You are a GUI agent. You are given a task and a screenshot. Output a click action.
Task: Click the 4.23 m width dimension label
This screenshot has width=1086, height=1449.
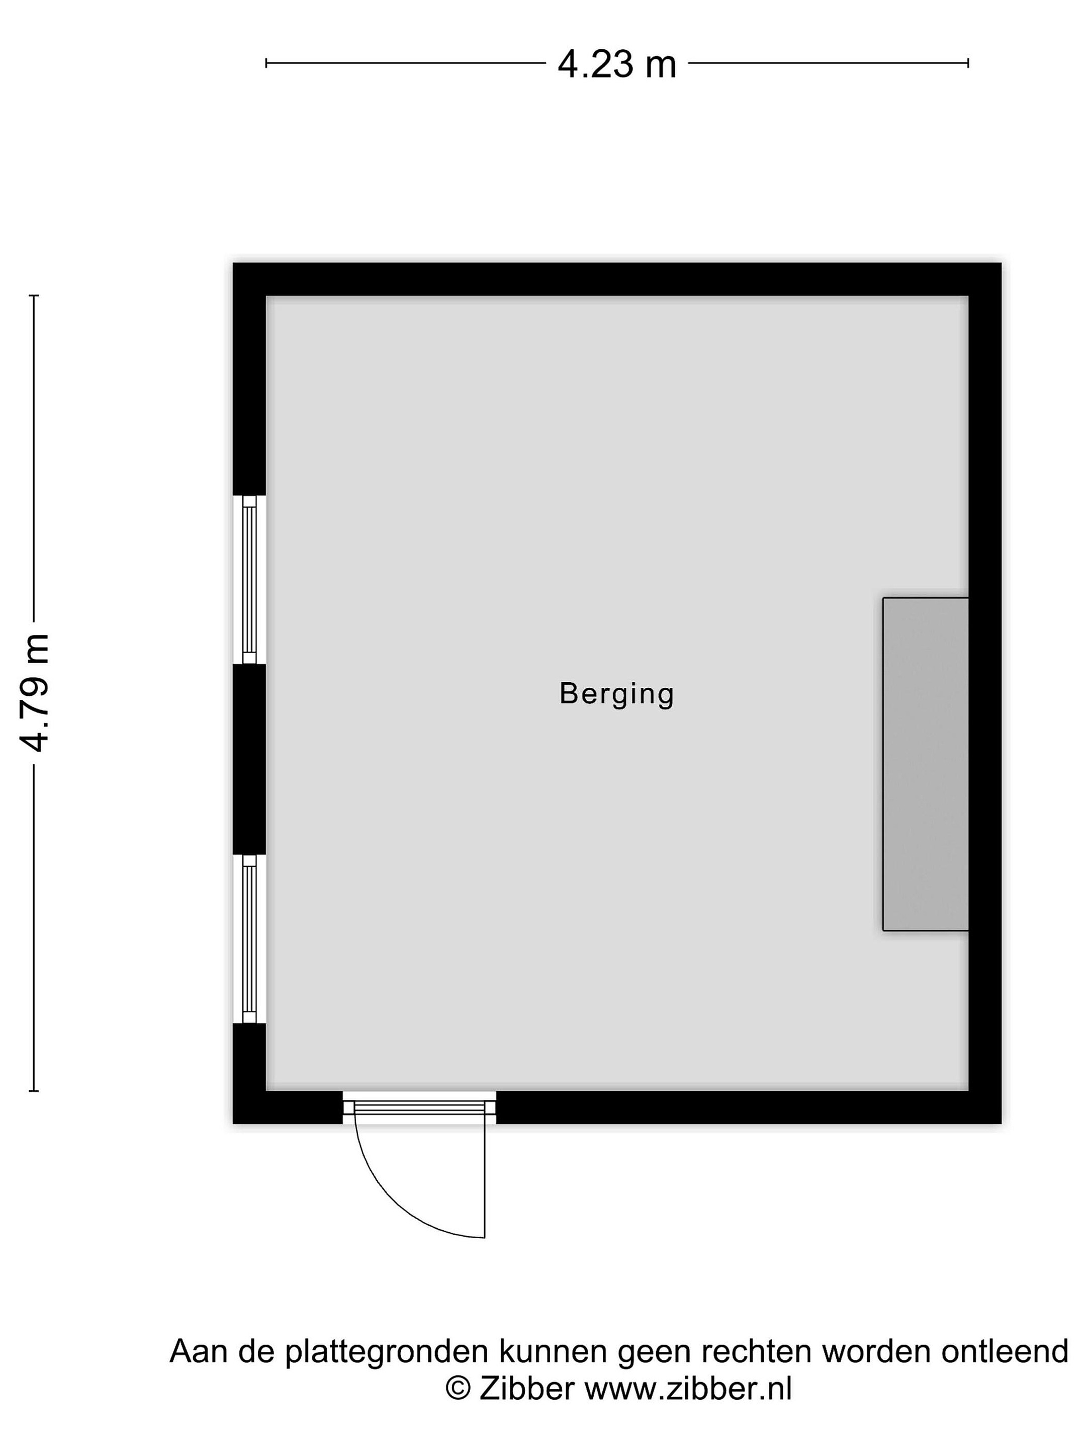pyautogui.click(x=616, y=65)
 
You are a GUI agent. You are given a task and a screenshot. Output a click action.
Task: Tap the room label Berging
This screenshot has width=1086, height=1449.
pyautogui.click(x=616, y=694)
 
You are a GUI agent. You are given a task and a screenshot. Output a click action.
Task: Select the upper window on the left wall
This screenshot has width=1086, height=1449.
pyautogui.click(x=249, y=580)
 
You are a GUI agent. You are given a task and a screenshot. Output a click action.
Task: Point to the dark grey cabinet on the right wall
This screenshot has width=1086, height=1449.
pyautogui.click(x=925, y=764)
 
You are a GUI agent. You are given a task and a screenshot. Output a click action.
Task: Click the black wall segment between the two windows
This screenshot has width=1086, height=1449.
pyautogui.click(x=249, y=759)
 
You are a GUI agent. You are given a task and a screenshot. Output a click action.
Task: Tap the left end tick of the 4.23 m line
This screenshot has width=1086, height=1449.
pyautogui.click(x=266, y=63)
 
